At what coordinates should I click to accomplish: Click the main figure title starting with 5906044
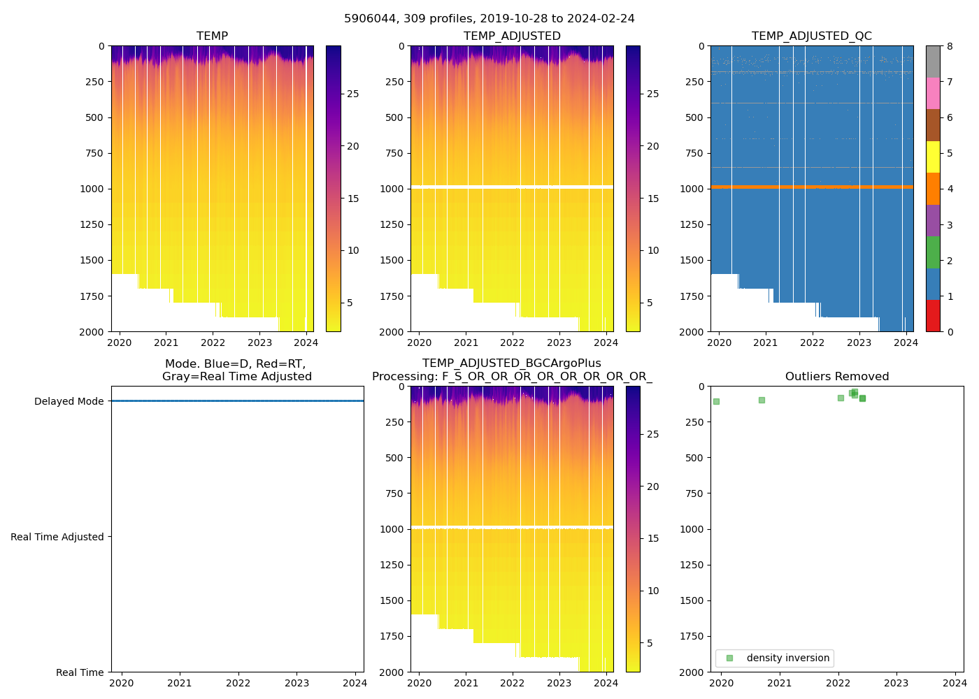(489, 19)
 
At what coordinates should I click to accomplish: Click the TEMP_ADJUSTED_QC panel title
(811, 36)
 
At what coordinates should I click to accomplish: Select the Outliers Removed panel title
(836, 377)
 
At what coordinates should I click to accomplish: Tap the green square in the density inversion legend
(730, 658)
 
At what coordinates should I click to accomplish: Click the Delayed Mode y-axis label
(69, 401)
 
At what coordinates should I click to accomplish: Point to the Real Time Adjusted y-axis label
(57, 537)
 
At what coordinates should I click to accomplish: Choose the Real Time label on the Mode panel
(80, 672)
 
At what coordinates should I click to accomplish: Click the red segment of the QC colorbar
(933, 315)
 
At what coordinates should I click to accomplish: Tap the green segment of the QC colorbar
(933, 252)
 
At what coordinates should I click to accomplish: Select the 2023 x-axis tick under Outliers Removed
(896, 683)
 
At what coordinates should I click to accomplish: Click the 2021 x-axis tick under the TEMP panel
(166, 343)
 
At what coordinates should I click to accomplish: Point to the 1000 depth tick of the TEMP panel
(91, 189)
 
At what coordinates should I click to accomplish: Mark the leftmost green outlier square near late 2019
(716, 401)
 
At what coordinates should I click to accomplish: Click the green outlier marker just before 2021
(762, 400)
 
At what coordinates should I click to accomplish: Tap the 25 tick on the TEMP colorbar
(353, 94)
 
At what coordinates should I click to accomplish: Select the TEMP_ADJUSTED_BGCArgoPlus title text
(511, 363)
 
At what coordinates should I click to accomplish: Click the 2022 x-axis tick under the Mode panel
(238, 683)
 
